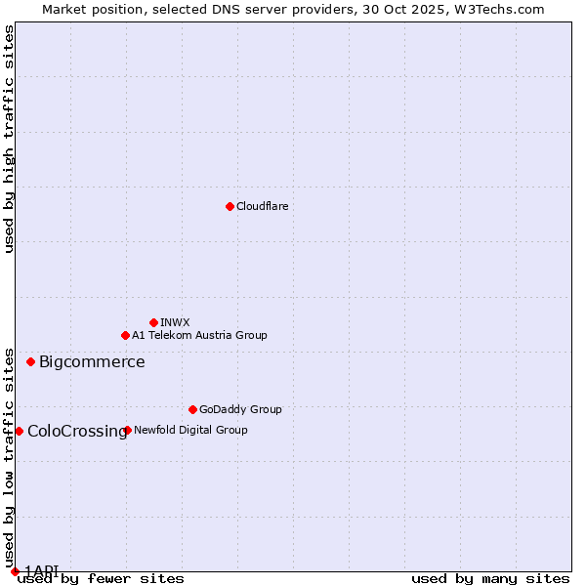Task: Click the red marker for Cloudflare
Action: point(230,206)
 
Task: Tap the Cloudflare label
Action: point(262,206)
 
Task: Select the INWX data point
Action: point(153,322)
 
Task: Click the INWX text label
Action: point(175,322)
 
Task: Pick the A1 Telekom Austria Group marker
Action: point(125,335)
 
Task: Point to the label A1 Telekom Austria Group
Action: point(199,335)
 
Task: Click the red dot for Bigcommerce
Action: point(30,362)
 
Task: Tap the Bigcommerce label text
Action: point(92,362)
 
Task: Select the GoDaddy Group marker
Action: point(192,409)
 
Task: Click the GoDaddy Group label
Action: point(240,409)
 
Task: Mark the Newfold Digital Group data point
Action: point(128,430)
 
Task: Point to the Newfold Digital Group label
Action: point(190,430)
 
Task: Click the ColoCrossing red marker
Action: point(19,431)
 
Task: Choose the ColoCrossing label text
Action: point(76,431)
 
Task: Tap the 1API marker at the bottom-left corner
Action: point(15,571)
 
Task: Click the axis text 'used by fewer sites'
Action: point(101,579)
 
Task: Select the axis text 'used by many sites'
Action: point(490,579)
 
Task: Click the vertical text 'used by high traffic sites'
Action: point(9,139)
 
